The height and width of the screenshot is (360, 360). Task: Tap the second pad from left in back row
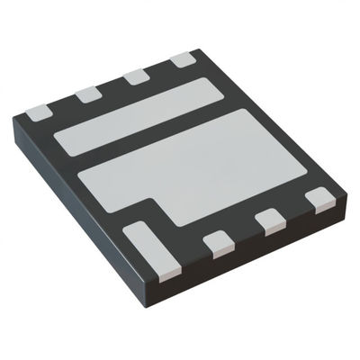click(x=87, y=94)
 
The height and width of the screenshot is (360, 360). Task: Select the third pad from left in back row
click(x=137, y=76)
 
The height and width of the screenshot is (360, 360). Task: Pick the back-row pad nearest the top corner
click(x=184, y=59)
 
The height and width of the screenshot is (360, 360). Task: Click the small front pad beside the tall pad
click(x=217, y=242)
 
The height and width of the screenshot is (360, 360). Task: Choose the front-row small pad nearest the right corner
click(x=318, y=197)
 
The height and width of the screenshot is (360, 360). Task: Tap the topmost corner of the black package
click(x=194, y=47)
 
